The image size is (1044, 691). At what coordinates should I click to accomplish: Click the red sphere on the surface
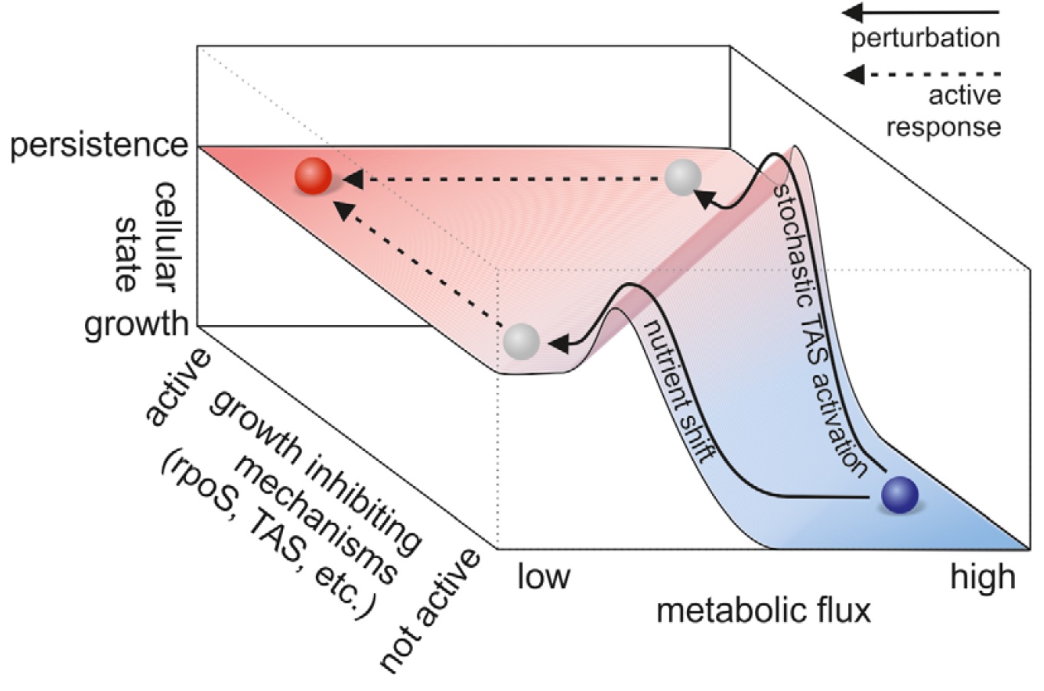[314, 176]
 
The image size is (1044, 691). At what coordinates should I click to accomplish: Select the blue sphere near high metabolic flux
[900, 495]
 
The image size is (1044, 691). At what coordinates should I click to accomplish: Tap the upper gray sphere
[683, 177]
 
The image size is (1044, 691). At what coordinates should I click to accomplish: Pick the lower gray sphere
[522, 342]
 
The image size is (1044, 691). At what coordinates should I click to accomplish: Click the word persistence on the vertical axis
[99, 146]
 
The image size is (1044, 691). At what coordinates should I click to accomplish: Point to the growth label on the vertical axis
[136, 324]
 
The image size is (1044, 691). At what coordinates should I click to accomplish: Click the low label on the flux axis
[544, 576]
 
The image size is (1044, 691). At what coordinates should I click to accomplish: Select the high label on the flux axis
[983, 577]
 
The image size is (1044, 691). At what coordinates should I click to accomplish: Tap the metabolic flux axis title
[764, 611]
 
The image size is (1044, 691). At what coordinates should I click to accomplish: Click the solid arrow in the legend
[921, 12]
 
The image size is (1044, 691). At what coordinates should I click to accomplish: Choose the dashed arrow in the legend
[922, 74]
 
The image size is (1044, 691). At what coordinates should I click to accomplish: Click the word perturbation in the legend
[925, 39]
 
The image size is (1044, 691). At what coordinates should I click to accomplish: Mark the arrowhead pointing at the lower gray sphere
[559, 344]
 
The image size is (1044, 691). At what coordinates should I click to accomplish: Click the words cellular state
[145, 237]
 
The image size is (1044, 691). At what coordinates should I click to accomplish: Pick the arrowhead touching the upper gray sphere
[704, 199]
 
